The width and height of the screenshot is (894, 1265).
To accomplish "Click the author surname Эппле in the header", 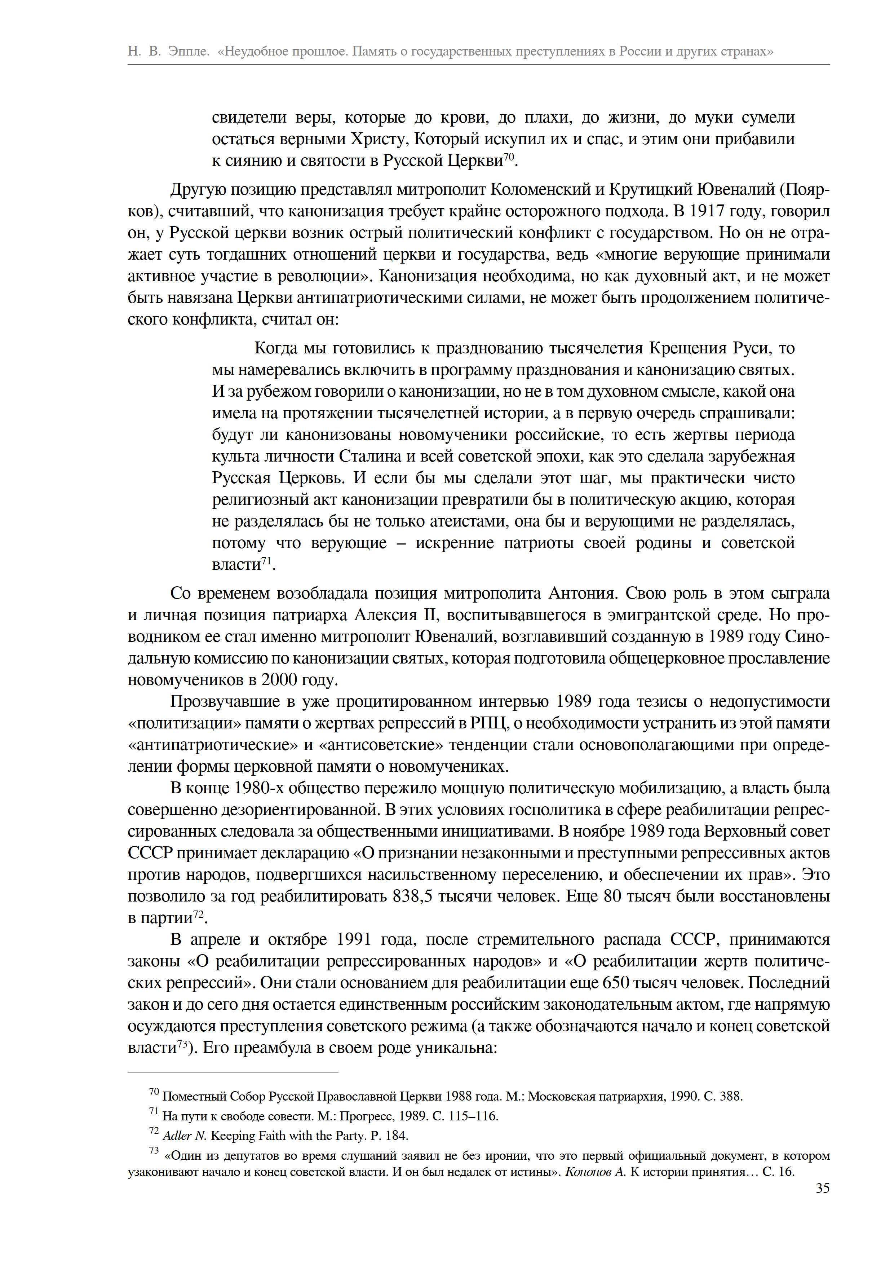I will (x=189, y=51).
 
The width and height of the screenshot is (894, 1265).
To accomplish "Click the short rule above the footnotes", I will (x=233, y=1072).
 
